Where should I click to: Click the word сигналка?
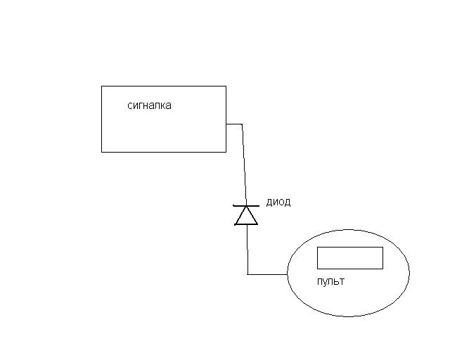(149, 105)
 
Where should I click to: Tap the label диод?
(278, 202)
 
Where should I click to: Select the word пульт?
(330, 281)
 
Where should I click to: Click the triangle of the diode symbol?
(246, 216)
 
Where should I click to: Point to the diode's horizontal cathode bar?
(246, 206)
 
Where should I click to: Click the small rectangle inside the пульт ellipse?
(350, 258)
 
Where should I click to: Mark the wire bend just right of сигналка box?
(242, 124)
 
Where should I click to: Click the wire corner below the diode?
(247, 274)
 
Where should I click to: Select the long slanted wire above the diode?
(244, 165)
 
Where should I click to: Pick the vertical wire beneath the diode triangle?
(247, 250)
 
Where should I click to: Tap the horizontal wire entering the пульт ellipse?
(267, 274)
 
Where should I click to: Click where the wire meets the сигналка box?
(226, 124)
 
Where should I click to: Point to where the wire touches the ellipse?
(288, 274)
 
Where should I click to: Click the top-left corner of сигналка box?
(101, 86)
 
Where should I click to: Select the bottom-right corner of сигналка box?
(226, 152)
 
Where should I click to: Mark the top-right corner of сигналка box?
(226, 86)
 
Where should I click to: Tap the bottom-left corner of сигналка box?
(101, 152)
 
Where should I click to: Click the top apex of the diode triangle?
(246, 206)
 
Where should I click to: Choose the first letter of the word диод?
(269, 202)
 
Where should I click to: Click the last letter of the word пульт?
(342, 282)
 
